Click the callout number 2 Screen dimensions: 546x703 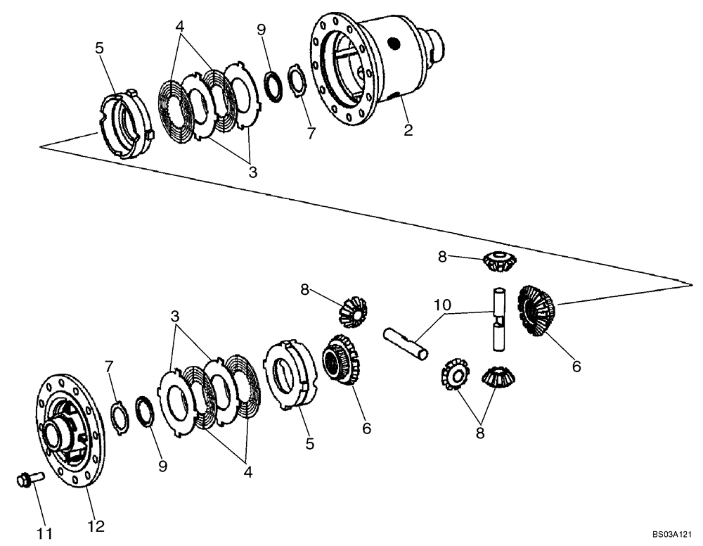coord(408,129)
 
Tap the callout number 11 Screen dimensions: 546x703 coord(45,526)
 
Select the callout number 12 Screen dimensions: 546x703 coord(96,526)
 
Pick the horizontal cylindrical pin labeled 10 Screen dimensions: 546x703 coord(406,343)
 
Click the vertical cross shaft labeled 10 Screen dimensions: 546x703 coord(498,319)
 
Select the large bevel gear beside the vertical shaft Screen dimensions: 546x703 coord(536,310)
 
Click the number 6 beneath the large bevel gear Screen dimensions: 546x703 coord(576,366)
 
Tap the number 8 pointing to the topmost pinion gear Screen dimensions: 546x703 coord(442,257)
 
